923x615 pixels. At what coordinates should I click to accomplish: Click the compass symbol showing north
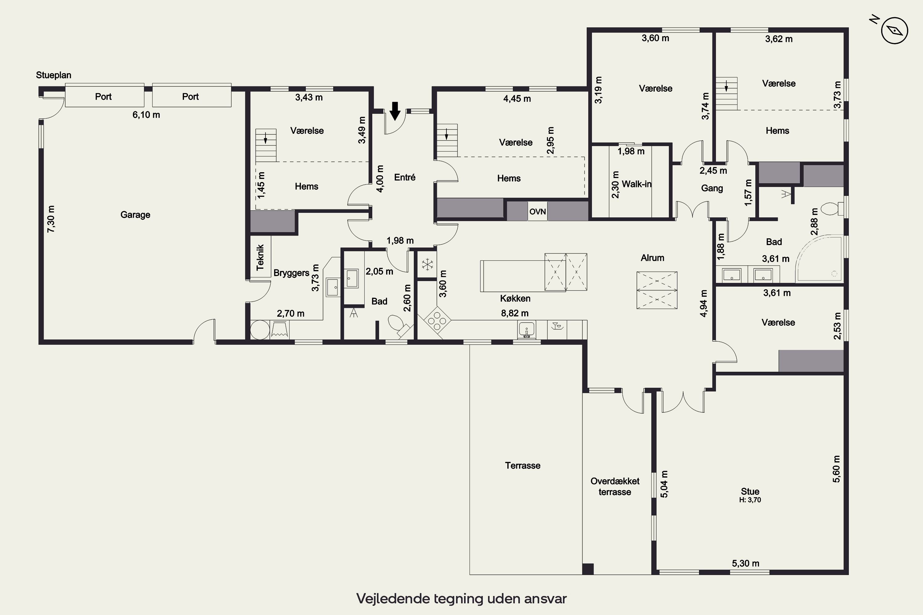(894, 30)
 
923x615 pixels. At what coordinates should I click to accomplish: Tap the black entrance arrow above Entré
(395, 111)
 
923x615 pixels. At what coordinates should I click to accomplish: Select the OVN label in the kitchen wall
(537, 212)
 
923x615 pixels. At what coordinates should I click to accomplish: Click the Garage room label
(135, 215)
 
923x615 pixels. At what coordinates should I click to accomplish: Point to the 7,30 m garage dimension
(51, 219)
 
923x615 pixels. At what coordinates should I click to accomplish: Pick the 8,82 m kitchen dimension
(514, 313)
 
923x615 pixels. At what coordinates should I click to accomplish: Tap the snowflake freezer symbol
(427, 264)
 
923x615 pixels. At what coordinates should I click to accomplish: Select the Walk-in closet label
(637, 184)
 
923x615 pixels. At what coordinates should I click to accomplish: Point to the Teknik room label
(260, 257)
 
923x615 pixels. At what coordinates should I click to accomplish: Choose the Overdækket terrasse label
(615, 486)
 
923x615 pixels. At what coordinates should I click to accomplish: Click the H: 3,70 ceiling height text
(750, 500)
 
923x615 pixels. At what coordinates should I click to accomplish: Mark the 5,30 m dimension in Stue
(745, 563)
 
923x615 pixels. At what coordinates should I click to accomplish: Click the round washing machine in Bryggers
(260, 329)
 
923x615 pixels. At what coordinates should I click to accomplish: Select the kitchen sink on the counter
(526, 329)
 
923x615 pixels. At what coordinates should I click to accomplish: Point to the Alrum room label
(652, 258)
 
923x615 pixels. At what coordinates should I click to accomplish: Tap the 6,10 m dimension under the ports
(146, 114)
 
